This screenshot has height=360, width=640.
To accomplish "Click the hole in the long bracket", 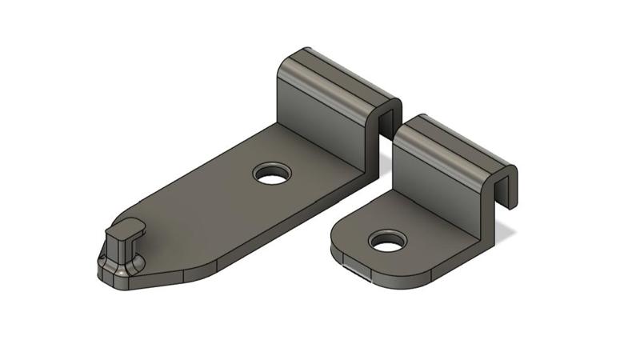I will (x=273, y=173).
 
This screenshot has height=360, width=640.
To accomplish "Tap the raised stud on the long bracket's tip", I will (x=122, y=248).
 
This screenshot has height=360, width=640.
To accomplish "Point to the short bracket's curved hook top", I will (x=452, y=140).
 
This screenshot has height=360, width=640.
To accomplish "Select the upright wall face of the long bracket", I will (x=320, y=112).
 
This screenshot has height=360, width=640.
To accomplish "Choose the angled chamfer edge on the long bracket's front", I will (x=216, y=269).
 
